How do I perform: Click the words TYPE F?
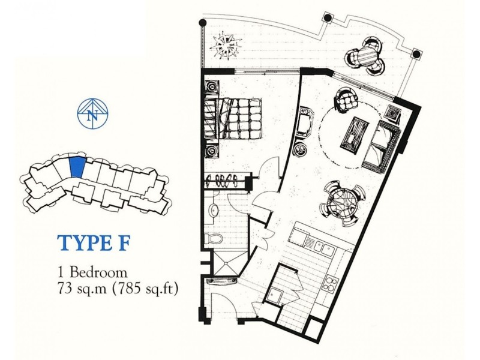point(92,244)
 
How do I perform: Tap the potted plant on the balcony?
point(228,43)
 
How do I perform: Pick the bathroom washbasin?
point(213,209)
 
